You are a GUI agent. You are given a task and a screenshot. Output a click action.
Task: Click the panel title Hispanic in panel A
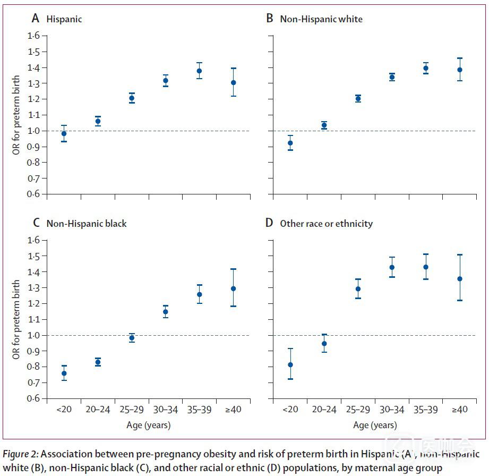64,19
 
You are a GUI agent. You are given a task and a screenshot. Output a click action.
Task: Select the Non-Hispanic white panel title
321,19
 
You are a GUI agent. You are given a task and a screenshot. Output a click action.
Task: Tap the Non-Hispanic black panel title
87,224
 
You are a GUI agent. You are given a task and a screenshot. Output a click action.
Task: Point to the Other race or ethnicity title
326,224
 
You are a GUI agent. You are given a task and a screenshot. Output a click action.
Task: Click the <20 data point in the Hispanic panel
64,133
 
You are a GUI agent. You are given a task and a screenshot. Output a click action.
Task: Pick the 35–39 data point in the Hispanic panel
199,71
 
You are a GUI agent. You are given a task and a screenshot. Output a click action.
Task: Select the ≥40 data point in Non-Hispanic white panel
459,70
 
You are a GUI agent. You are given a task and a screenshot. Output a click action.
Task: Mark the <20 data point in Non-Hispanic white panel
290,143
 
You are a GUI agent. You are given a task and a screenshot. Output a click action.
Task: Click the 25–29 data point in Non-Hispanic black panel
132,338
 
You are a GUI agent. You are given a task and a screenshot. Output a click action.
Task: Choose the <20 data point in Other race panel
290,365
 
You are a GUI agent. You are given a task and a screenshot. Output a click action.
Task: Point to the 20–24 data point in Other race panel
324,343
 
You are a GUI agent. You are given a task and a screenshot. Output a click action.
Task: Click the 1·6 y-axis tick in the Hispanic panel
33,36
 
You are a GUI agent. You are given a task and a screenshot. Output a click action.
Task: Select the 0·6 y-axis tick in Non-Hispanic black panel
33,398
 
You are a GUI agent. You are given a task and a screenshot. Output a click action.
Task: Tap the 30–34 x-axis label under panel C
165,410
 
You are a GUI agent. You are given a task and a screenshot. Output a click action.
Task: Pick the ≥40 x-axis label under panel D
459,410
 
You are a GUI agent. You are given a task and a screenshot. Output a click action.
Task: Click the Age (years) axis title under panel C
149,425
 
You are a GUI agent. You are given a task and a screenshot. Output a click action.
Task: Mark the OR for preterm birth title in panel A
17,114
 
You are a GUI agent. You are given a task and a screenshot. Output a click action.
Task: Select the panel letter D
269,223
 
